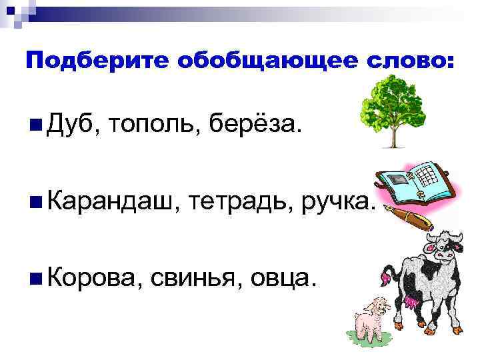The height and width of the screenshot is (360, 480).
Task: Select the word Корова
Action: (94, 275)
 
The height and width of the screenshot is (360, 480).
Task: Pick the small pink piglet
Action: (370, 321)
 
